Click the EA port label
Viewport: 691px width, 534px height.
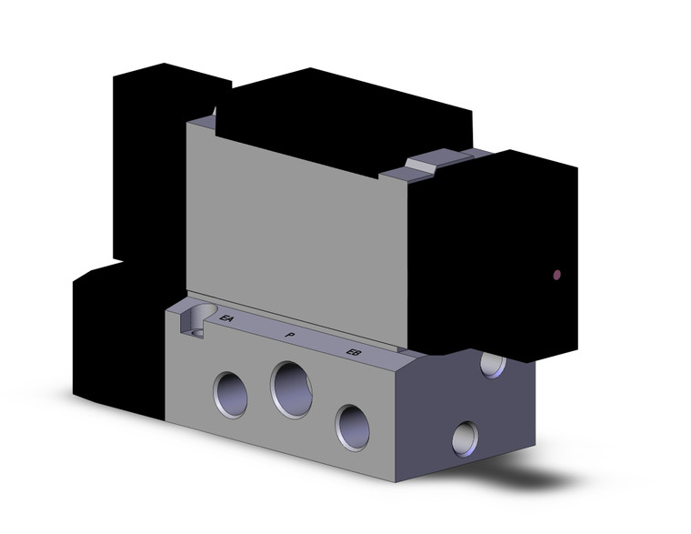click(x=227, y=318)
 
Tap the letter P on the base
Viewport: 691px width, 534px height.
click(x=289, y=336)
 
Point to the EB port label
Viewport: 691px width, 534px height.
click(x=355, y=352)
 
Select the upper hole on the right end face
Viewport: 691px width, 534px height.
click(x=493, y=365)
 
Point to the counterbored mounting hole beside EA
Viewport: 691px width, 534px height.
click(x=195, y=320)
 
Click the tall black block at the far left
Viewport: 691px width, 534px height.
click(x=145, y=164)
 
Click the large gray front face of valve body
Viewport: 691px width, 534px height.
click(x=291, y=227)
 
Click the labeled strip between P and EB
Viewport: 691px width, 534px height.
click(x=323, y=344)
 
